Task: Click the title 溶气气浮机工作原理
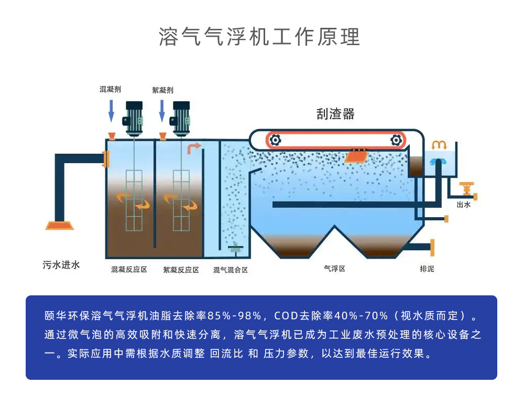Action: tap(259, 37)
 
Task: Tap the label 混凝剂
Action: tap(110, 90)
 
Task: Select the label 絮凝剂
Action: tap(162, 90)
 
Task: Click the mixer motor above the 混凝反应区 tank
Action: tap(134, 116)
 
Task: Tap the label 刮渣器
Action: tap(335, 114)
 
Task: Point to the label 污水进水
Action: tap(61, 265)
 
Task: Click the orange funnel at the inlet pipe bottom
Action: tap(59, 226)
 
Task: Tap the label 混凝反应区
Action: tap(129, 270)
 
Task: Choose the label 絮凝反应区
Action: tap(181, 270)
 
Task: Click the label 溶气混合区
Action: tap(230, 270)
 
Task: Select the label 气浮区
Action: tap(334, 269)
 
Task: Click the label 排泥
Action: tap(427, 269)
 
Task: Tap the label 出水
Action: tap(464, 205)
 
